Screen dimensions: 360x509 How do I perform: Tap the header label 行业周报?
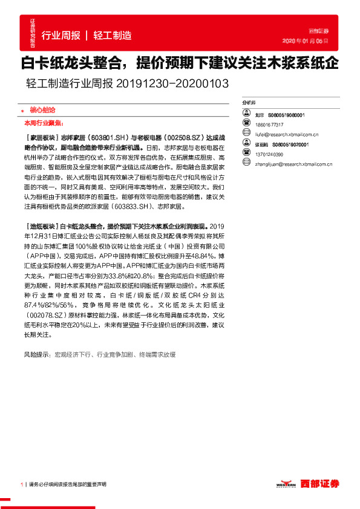(x=61, y=35)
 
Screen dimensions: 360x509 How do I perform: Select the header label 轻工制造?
(x=112, y=35)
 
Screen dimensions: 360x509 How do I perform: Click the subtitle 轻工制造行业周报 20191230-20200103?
(x=128, y=83)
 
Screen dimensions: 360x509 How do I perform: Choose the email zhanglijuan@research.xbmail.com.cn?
(x=287, y=164)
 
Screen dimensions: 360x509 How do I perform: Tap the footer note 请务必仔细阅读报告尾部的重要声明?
(x=67, y=485)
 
